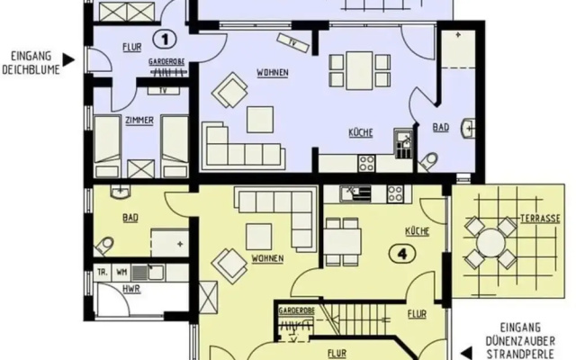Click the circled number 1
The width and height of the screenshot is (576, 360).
[x=164, y=40]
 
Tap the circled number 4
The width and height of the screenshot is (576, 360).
[x=402, y=254]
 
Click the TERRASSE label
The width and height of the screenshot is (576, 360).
[x=540, y=219]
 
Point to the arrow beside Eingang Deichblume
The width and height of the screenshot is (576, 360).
[x=68, y=60]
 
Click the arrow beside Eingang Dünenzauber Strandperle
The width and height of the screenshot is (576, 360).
[x=466, y=353]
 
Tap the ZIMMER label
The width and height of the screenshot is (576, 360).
[x=139, y=121]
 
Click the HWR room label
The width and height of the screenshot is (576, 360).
[x=131, y=289]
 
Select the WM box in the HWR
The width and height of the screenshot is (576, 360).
[x=121, y=273]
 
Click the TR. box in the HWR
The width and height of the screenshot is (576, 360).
[x=103, y=273]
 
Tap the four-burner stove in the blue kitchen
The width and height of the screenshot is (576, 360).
[x=366, y=163]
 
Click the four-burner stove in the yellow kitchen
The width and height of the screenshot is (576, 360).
[x=395, y=193]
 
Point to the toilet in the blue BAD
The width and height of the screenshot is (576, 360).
[x=428, y=161]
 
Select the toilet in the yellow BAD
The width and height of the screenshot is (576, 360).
[x=103, y=245]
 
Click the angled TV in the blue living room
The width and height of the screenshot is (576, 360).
[x=292, y=43]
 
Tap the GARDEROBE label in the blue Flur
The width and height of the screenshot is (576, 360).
[x=166, y=62]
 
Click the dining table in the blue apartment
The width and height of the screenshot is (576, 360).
[x=359, y=70]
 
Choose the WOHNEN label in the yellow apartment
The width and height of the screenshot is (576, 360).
[x=267, y=258]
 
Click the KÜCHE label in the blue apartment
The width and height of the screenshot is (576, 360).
[x=361, y=132]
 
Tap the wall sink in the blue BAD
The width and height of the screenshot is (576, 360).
[x=470, y=128]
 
